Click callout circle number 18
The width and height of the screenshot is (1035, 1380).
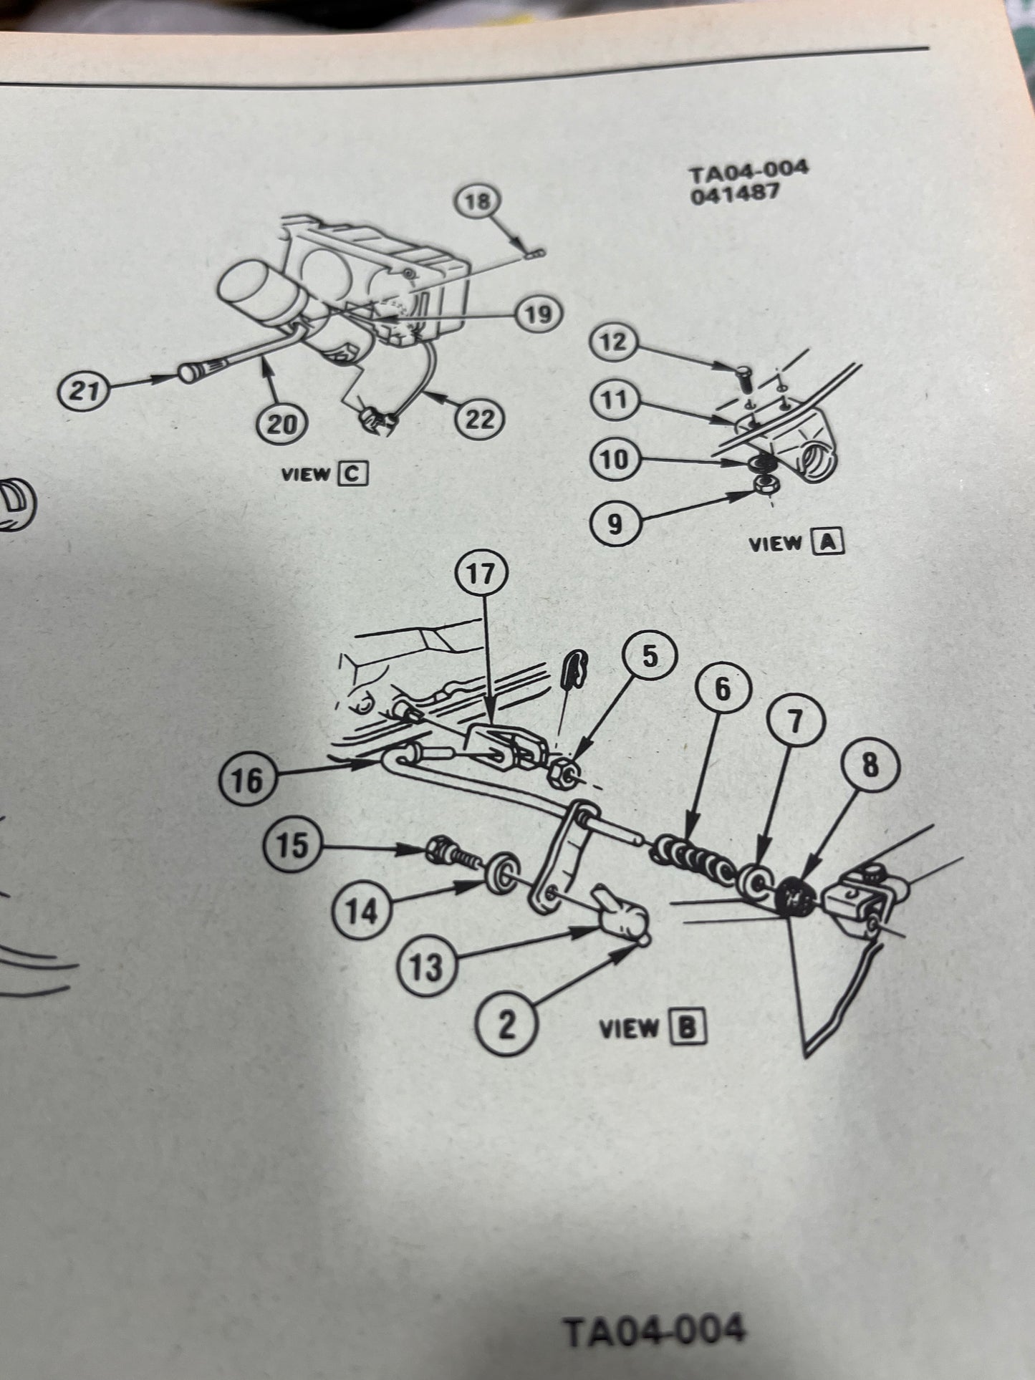[477, 201]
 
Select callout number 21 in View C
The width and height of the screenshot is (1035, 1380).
[85, 392]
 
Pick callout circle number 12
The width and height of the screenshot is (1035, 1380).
[614, 342]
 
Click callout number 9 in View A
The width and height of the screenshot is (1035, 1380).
[615, 525]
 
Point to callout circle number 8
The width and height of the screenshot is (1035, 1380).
[870, 766]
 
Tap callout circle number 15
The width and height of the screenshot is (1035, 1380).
[292, 846]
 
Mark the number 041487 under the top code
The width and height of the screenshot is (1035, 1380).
[733, 194]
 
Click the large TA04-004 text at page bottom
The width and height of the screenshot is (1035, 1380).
[653, 1331]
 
